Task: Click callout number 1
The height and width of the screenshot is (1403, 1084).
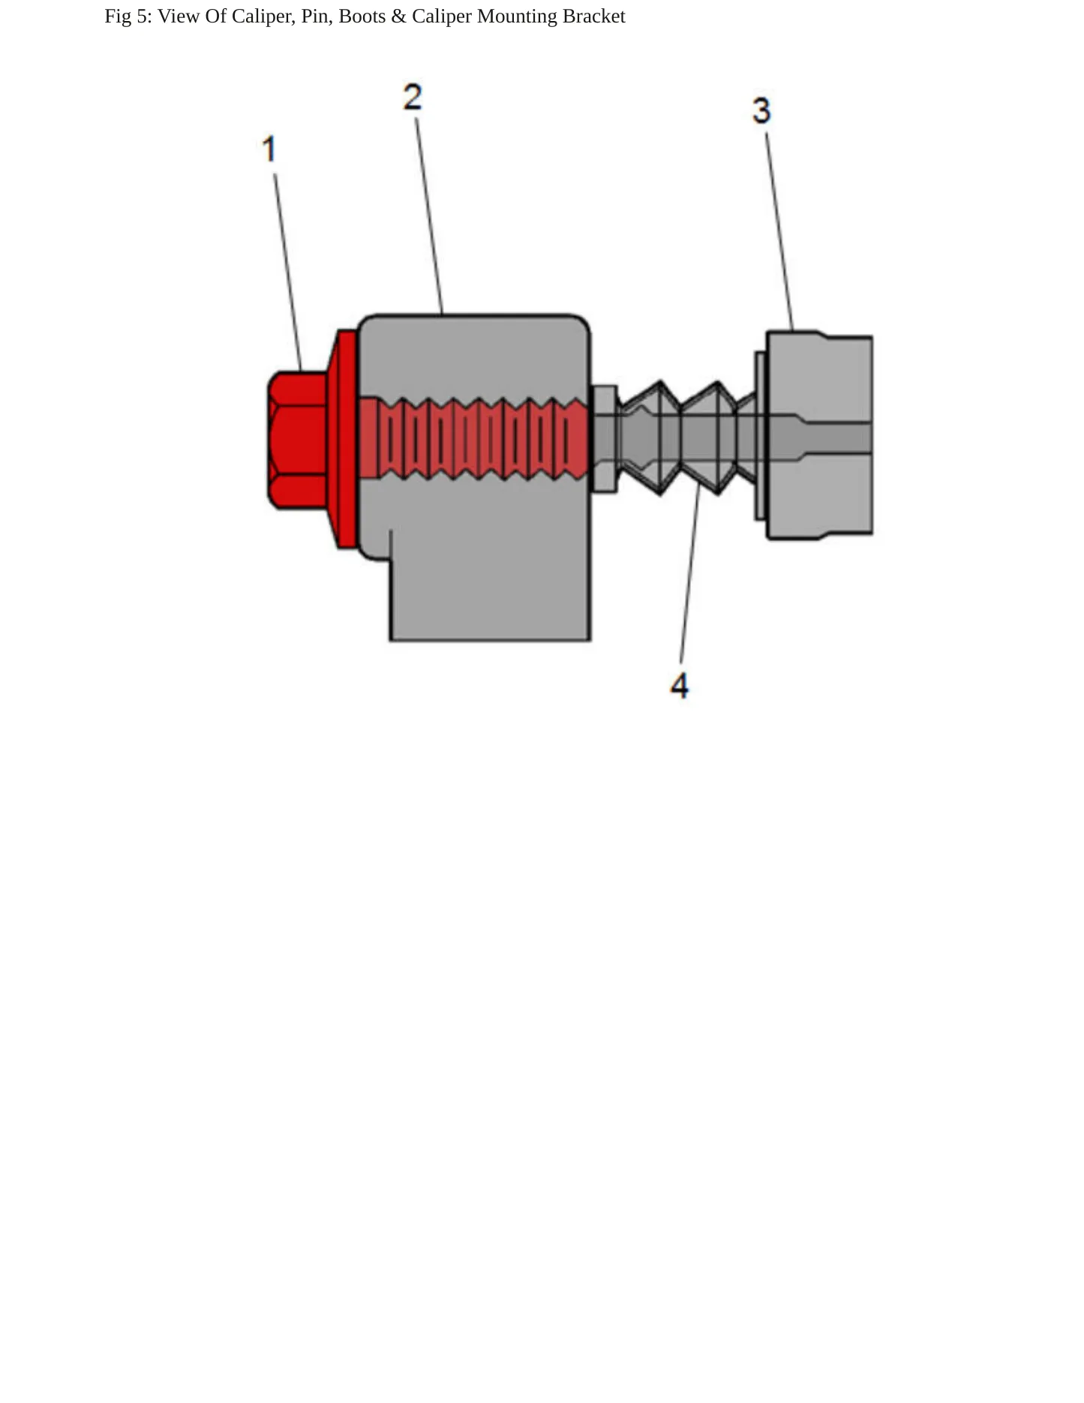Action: pyautogui.click(x=269, y=149)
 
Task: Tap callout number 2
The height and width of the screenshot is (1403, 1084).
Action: pyautogui.click(x=413, y=97)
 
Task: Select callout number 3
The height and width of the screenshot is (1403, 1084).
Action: pyautogui.click(x=761, y=110)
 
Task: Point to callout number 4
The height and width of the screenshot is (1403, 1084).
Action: pyautogui.click(x=680, y=686)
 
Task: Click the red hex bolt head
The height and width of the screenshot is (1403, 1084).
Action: pyautogui.click(x=298, y=440)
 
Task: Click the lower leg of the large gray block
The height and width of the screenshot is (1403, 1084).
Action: pyautogui.click(x=490, y=585)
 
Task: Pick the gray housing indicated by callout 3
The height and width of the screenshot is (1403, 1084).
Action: pyautogui.click(x=819, y=435)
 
